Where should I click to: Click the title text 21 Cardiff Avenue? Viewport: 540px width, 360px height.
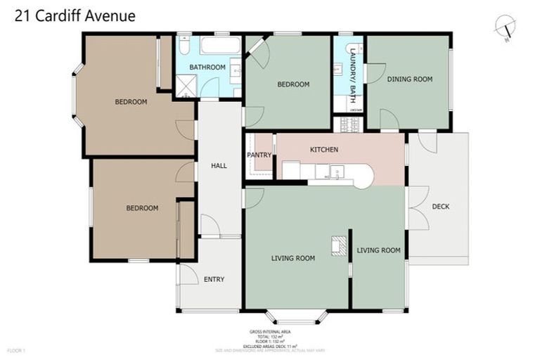[70, 15]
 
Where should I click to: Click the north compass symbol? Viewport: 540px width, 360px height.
[505, 27]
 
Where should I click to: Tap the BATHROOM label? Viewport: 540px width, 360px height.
[207, 67]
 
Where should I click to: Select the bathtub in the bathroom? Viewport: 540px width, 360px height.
[219, 46]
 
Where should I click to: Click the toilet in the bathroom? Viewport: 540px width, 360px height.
[183, 46]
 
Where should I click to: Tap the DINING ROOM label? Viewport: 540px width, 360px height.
[409, 79]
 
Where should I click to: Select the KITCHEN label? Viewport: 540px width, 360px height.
[324, 150]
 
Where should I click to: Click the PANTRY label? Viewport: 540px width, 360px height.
[259, 155]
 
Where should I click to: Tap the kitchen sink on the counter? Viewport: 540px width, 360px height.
[337, 172]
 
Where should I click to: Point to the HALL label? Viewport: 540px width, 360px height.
[219, 166]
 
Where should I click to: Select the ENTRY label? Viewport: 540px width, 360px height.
[214, 279]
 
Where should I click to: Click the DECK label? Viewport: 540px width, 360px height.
[440, 207]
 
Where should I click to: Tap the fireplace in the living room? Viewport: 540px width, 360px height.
[340, 244]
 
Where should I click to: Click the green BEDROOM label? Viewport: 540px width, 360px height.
[292, 84]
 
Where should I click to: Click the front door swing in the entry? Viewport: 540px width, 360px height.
[188, 274]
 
